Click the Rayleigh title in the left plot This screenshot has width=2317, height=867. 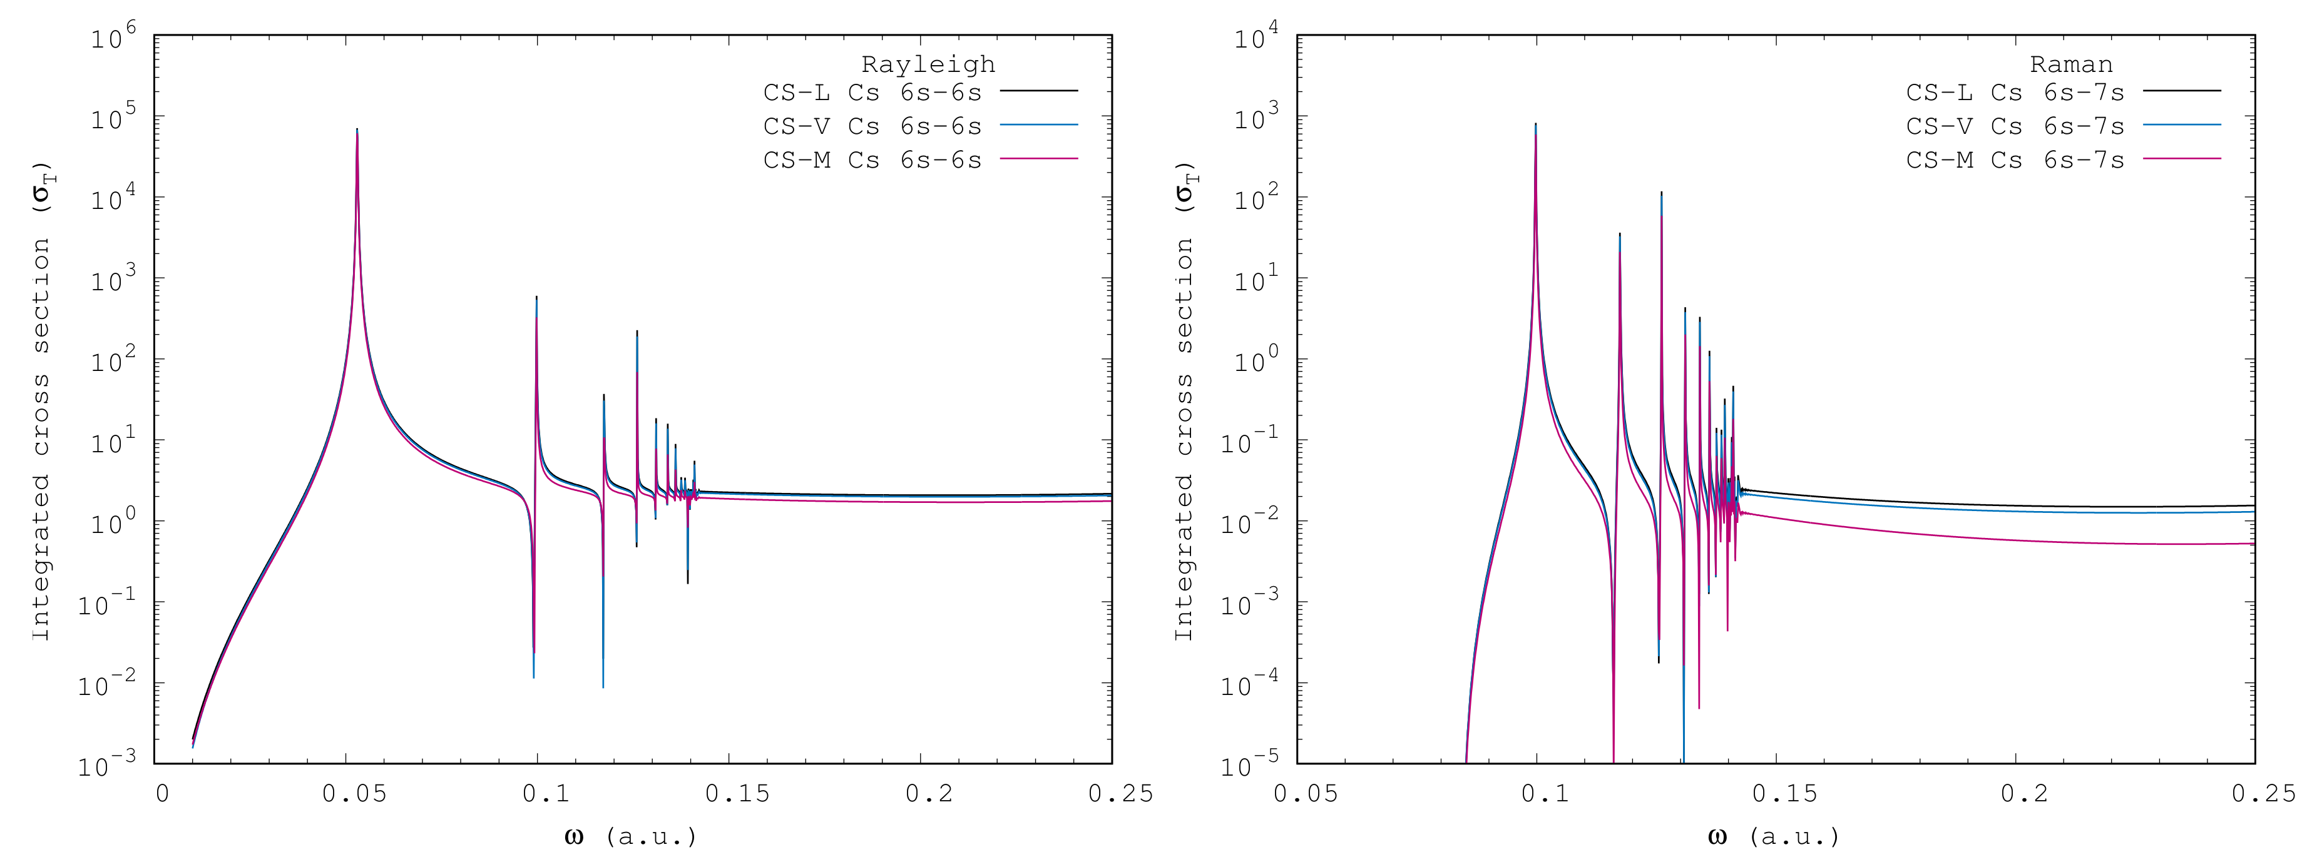(x=928, y=65)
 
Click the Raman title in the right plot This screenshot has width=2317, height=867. (x=2070, y=65)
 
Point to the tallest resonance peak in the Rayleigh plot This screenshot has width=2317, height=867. (x=357, y=130)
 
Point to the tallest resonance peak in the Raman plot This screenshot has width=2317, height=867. (x=1535, y=126)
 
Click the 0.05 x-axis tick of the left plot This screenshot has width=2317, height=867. (x=354, y=793)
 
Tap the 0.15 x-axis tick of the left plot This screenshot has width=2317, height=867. (x=737, y=793)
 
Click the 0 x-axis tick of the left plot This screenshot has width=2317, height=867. (x=162, y=793)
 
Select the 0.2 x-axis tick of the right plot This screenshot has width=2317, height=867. (x=2024, y=793)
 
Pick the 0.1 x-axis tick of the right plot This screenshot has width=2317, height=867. (x=1545, y=793)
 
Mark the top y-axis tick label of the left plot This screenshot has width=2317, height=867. (x=113, y=38)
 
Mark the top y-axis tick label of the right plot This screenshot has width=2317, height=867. (x=1256, y=38)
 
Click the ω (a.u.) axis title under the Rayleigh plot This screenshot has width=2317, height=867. (x=630, y=836)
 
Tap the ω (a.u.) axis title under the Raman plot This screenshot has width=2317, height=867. (x=1773, y=836)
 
